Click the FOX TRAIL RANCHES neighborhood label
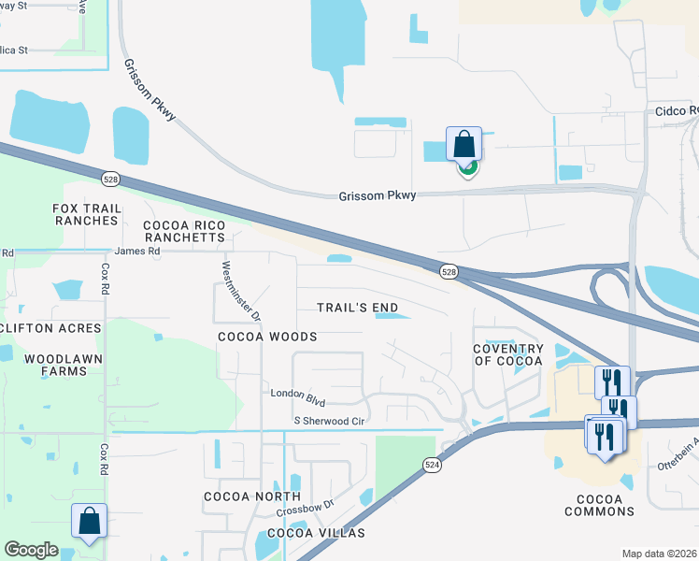coord(85,213)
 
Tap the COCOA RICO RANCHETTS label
coord(185,231)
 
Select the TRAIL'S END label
coord(357,308)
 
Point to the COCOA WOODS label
coord(267,337)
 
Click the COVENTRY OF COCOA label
coord(508,354)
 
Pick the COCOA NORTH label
coord(253,496)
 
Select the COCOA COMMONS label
coord(600,505)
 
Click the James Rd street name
coord(137,251)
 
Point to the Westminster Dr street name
coord(239,290)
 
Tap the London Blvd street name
coord(297,396)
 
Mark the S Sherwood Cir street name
coord(328,422)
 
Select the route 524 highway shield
coord(433,464)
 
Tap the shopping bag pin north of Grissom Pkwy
coord(464,145)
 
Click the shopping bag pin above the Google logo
coord(89,522)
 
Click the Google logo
coord(31,550)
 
